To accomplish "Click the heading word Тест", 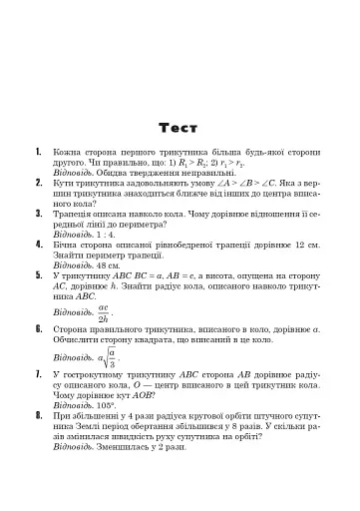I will click(180, 127).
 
